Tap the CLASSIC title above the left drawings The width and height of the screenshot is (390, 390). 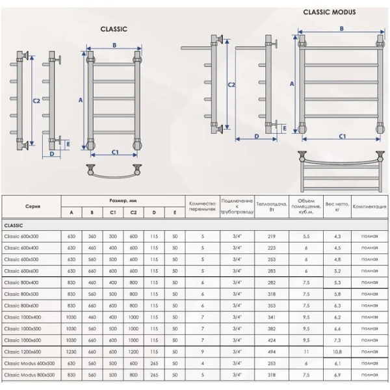(x=114, y=29)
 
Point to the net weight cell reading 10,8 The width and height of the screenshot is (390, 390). (x=337, y=352)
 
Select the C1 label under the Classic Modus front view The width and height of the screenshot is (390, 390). (x=342, y=136)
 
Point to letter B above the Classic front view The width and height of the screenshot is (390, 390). (x=114, y=45)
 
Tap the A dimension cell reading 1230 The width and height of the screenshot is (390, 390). (x=71, y=352)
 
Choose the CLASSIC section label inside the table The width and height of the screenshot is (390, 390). (x=14, y=224)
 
